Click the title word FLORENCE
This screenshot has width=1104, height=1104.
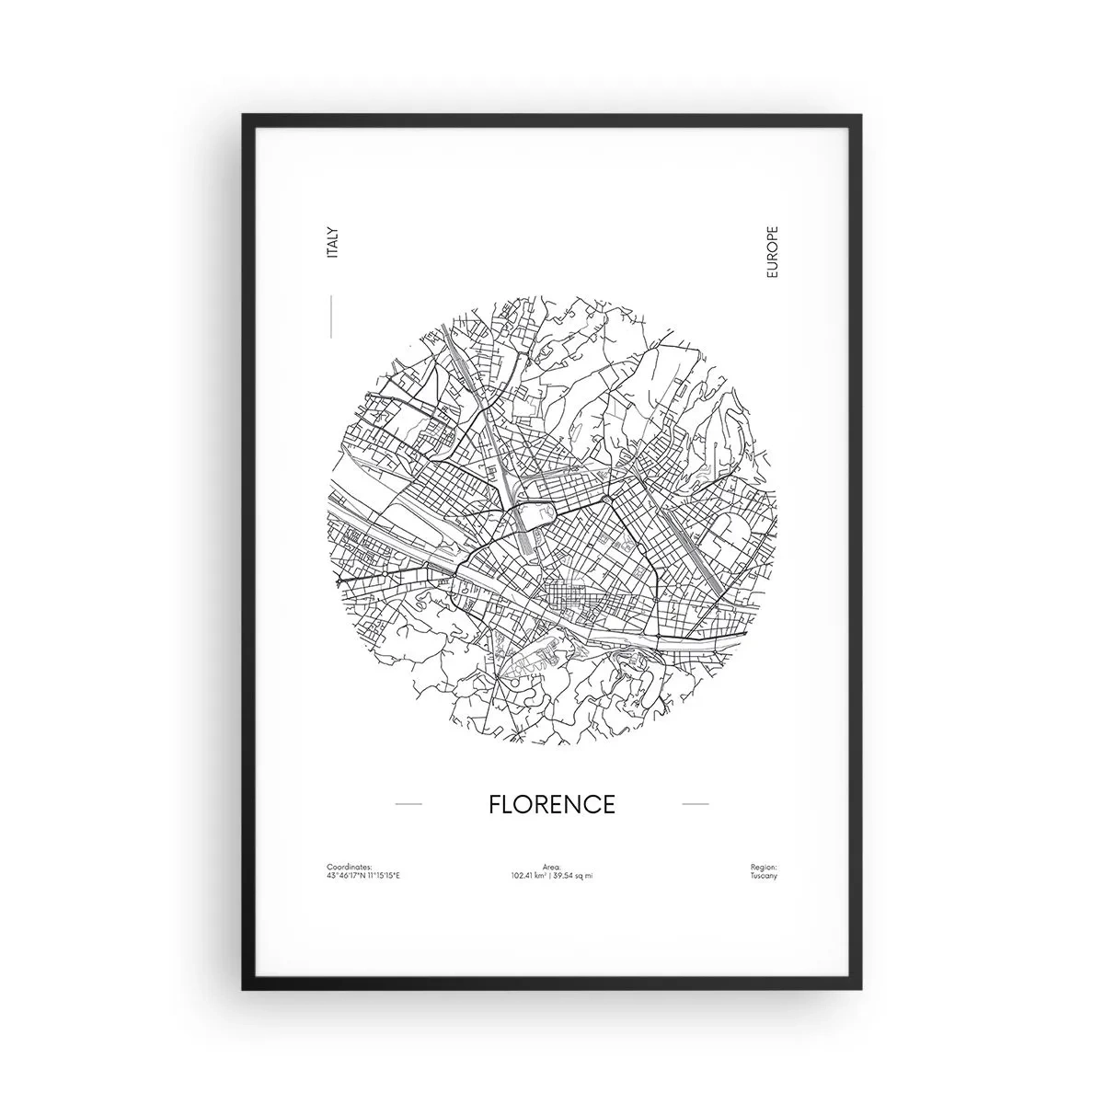(x=551, y=804)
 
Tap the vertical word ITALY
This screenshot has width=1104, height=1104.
(x=332, y=241)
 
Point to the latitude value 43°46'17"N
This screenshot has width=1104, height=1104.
(x=343, y=875)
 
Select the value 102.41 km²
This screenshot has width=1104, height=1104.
(x=530, y=875)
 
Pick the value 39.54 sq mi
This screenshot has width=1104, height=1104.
(x=574, y=875)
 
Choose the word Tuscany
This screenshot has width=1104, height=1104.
(x=764, y=875)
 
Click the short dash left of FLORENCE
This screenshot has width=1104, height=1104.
(x=408, y=804)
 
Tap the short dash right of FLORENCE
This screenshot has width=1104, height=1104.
(x=695, y=804)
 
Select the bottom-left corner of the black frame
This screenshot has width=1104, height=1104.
(x=245, y=988)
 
